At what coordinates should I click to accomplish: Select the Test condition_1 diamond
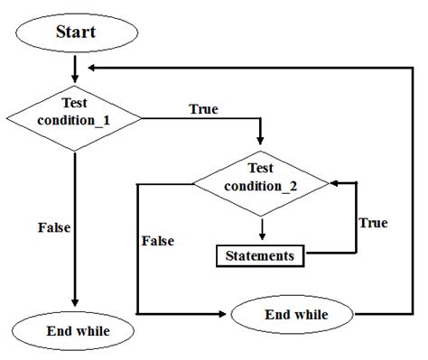[74, 118]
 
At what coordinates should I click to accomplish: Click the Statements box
[261, 255]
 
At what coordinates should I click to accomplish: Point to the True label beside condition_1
[204, 109]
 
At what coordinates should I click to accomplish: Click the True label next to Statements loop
[373, 221]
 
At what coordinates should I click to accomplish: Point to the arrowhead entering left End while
[75, 308]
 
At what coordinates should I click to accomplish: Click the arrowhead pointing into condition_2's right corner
[335, 183]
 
